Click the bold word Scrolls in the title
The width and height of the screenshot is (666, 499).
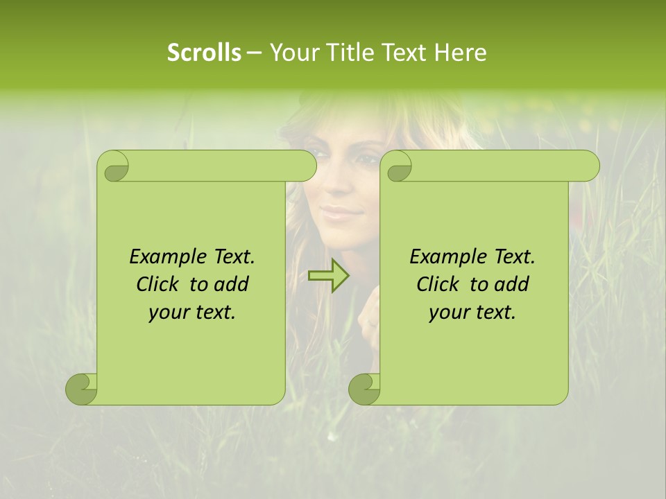[204, 53]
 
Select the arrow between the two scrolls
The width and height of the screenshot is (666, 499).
[329, 275]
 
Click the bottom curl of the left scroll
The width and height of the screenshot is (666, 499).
[82, 389]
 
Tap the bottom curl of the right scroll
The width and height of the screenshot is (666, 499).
[365, 389]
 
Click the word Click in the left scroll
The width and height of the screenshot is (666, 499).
[157, 284]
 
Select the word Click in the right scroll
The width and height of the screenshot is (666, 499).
[437, 284]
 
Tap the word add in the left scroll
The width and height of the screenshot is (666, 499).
[231, 284]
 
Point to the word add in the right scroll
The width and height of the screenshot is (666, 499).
[512, 284]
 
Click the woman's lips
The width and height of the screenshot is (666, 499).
[341, 212]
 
